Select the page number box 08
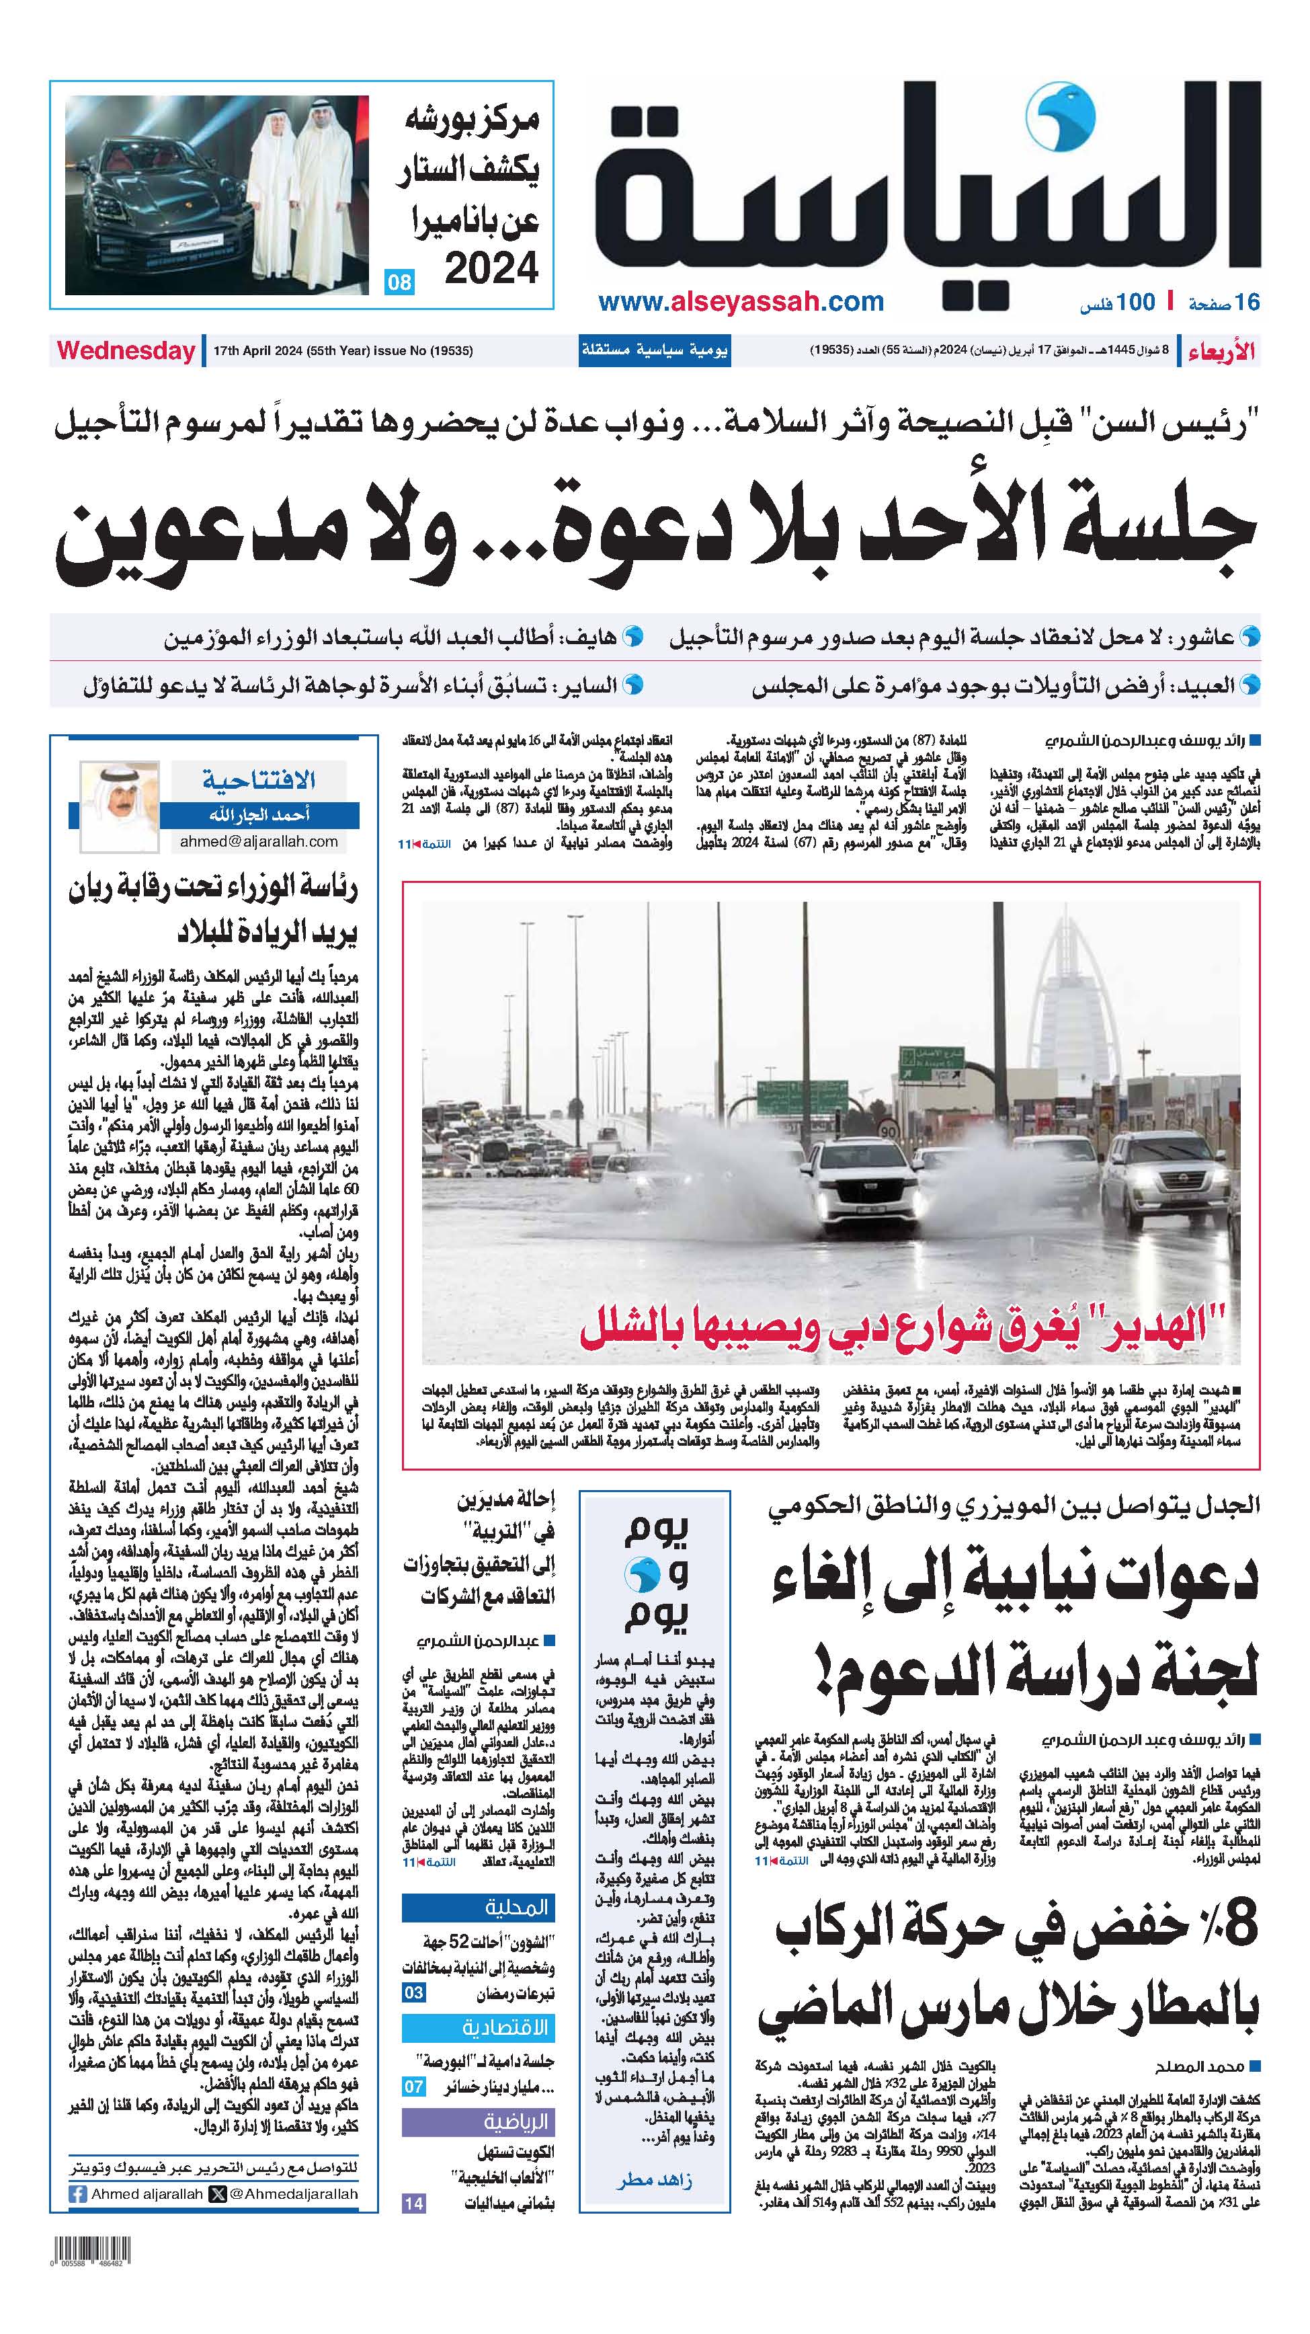399,282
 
